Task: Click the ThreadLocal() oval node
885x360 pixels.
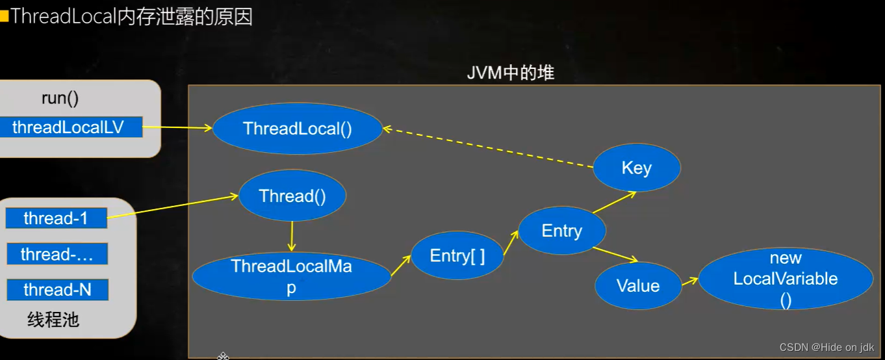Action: (x=297, y=128)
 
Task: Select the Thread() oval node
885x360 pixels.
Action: (x=292, y=196)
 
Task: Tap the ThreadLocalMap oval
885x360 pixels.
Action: (x=291, y=276)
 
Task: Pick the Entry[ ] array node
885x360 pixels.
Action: (x=457, y=255)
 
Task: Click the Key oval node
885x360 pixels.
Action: (x=636, y=168)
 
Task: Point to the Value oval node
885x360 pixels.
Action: (x=638, y=285)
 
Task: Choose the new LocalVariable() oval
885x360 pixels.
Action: (x=786, y=278)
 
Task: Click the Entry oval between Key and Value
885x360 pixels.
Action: (x=562, y=231)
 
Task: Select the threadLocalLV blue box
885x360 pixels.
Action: (x=68, y=127)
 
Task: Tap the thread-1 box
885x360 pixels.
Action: (x=56, y=218)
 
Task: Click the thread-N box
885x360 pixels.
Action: (x=57, y=290)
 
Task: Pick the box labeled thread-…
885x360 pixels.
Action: (x=57, y=254)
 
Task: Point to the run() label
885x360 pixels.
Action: (x=60, y=98)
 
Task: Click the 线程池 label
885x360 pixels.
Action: (x=53, y=320)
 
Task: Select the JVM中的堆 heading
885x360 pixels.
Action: (x=511, y=73)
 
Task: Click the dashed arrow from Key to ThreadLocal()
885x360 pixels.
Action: (x=487, y=148)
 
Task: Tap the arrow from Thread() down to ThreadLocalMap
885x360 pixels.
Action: (x=292, y=237)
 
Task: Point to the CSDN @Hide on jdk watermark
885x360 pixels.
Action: (x=827, y=347)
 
